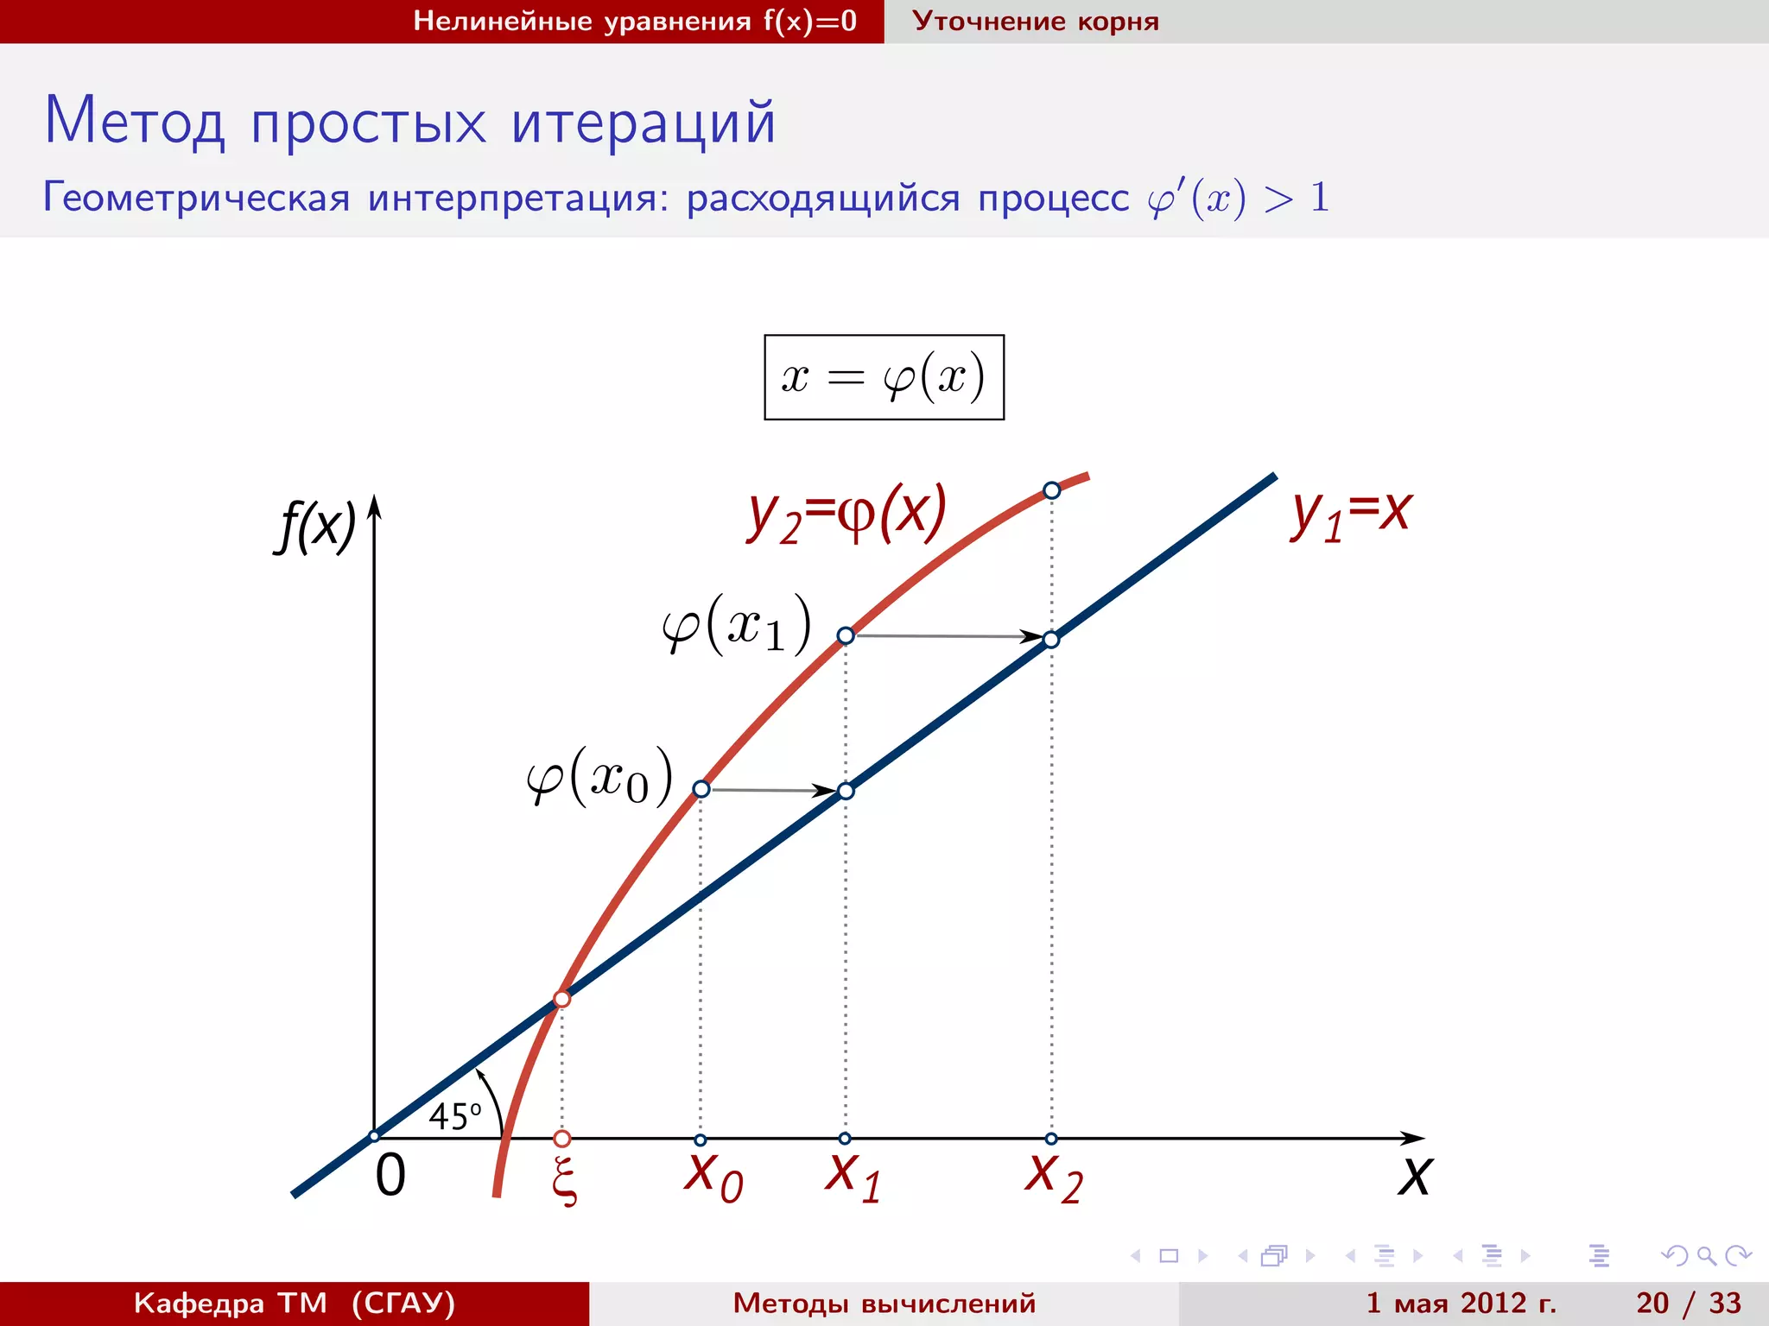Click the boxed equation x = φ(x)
(x=884, y=377)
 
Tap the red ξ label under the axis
(x=564, y=1180)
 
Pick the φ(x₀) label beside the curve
(x=599, y=776)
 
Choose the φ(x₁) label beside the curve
(x=736, y=624)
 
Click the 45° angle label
(x=454, y=1116)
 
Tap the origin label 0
(x=390, y=1176)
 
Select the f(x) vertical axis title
(x=316, y=526)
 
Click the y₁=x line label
(x=1350, y=515)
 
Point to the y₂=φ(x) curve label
(x=846, y=515)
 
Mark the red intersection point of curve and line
(x=561, y=999)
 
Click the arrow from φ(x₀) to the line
(x=773, y=790)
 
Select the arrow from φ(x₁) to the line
(x=948, y=636)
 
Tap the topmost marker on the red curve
(x=1051, y=490)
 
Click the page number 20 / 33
(x=1688, y=1303)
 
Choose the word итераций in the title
(x=644, y=122)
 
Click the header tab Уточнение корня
(x=1035, y=21)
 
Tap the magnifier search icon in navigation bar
(x=1706, y=1255)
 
